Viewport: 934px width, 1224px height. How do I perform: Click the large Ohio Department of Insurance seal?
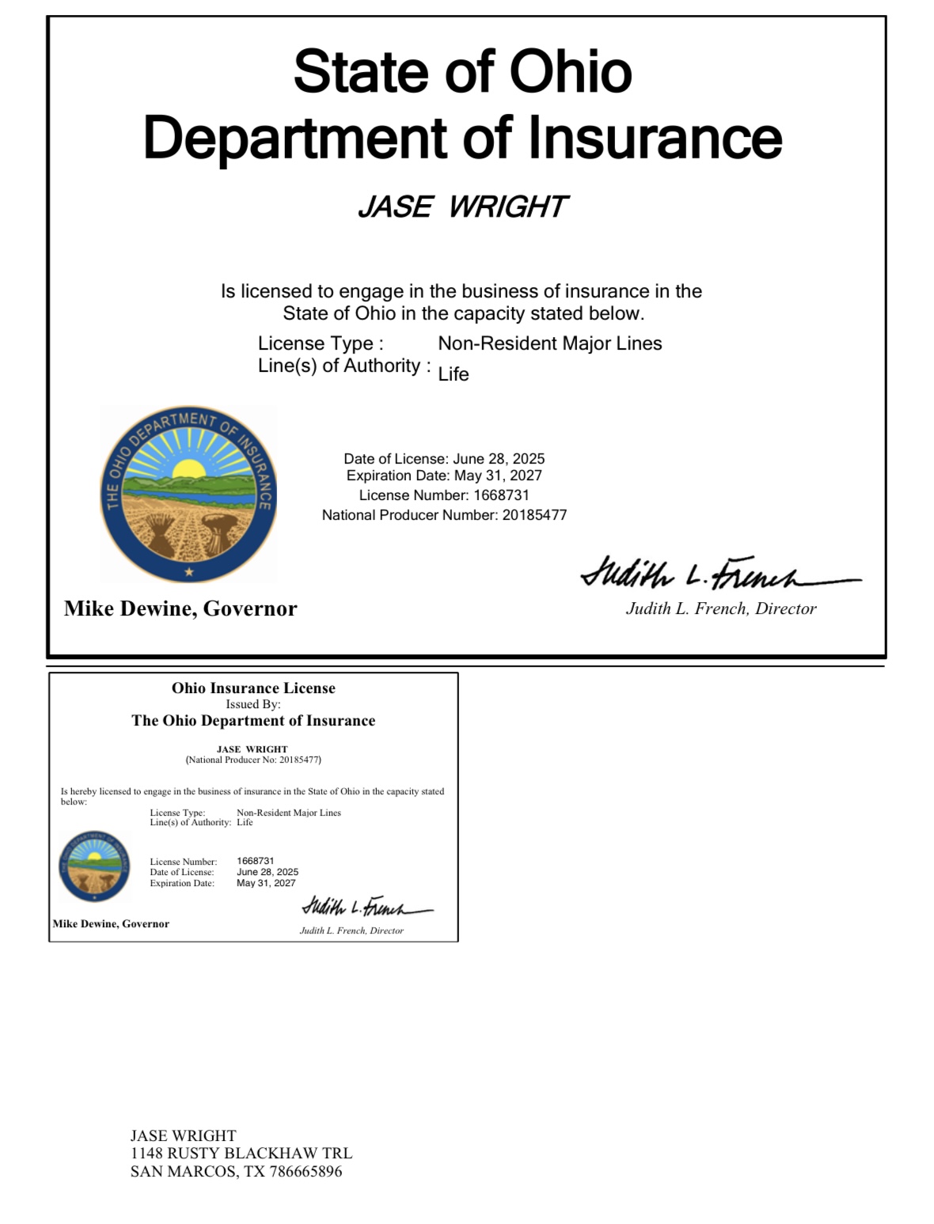click(x=188, y=495)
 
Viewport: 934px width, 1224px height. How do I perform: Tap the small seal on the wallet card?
click(x=94, y=866)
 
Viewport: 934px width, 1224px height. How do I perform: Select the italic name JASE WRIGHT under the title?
click(x=462, y=207)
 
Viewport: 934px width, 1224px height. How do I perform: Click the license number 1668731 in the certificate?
click(x=501, y=495)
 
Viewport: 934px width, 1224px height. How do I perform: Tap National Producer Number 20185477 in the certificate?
click(x=534, y=515)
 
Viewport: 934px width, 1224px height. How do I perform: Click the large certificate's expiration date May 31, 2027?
click(x=498, y=476)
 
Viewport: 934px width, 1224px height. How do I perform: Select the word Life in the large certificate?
click(x=454, y=374)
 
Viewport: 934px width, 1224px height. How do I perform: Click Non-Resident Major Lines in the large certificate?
click(x=550, y=343)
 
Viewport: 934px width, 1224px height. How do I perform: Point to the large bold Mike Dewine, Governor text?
click(x=180, y=608)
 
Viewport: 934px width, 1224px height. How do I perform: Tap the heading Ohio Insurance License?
click(x=253, y=688)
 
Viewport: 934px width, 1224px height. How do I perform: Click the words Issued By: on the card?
click(x=253, y=704)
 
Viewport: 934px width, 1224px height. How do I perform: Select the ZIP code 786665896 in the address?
click(x=306, y=1172)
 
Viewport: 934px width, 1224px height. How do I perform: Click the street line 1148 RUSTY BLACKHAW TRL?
click(x=241, y=1154)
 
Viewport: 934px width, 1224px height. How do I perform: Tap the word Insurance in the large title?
click(x=655, y=138)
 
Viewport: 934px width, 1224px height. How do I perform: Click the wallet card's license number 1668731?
click(x=255, y=861)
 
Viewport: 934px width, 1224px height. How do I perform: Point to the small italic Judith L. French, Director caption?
click(x=351, y=930)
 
